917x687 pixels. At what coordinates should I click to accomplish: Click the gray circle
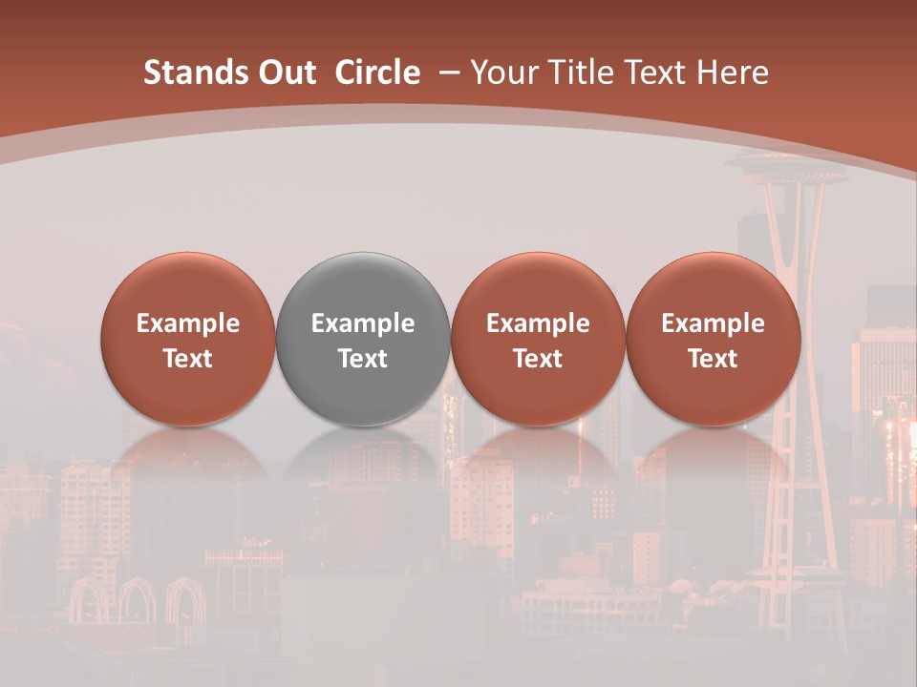click(363, 286)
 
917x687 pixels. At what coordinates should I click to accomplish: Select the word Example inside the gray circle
click(363, 323)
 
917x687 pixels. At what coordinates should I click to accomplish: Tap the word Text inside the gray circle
click(363, 359)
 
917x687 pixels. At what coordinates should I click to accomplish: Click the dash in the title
click(447, 73)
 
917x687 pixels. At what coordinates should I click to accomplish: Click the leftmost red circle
click(188, 286)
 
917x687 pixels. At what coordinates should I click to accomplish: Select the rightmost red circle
click(714, 286)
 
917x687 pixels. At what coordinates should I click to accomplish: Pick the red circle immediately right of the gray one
click(538, 286)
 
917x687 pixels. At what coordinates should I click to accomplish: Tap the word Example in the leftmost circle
click(188, 323)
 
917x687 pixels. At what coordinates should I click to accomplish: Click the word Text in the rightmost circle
click(714, 359)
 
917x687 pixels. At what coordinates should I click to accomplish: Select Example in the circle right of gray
click(538, 323)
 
